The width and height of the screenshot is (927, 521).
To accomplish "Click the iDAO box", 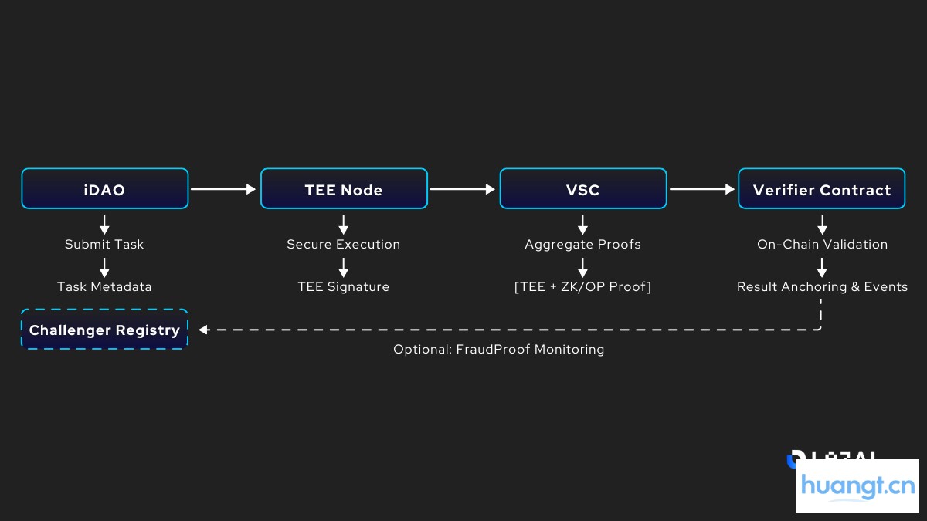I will point(104,189).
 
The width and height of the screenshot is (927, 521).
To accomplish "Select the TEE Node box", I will point(344,189).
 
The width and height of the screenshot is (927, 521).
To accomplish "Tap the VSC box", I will point(582,189).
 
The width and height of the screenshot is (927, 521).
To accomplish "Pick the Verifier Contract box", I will point(821,189).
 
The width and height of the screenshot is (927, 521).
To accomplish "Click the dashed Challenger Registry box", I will point(104,330).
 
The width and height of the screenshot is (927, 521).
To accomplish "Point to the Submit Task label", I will point(104,245).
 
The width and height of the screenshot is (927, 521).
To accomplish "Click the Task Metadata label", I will point(104,287).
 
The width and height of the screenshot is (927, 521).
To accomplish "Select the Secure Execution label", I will point(344,245).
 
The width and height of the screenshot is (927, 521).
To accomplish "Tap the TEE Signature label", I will point(344,287).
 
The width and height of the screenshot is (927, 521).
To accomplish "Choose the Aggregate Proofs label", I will point(582,245).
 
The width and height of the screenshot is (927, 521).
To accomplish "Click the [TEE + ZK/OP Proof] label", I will point(582,287).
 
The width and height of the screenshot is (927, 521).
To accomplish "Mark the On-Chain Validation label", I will point(822,245).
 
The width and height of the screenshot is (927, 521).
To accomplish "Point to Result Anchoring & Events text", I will point(822,287).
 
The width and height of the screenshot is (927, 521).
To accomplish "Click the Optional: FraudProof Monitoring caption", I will point(498,350).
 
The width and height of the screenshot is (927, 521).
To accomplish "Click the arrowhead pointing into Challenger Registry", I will point(204,330).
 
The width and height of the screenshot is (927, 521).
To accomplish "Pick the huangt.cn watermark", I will point(857,486).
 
